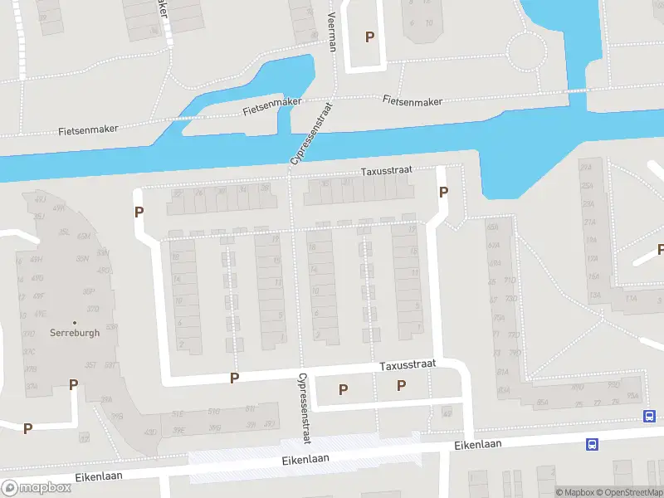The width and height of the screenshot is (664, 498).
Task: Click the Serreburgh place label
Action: [x=75, y=333]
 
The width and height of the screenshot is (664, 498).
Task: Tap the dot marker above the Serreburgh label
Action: [x=75, y=322]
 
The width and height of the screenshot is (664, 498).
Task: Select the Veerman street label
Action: [x=332, y=32]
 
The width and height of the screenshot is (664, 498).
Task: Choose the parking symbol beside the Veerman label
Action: [x=370, y=37]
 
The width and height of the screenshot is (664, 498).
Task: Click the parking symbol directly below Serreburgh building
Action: [x=74, y=384]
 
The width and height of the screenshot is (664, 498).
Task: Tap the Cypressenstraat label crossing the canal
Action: [x=310, y=133]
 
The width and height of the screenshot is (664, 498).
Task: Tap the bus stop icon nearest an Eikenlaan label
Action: [x=592, y=444]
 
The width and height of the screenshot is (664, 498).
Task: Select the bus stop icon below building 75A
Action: [x=648, y=416]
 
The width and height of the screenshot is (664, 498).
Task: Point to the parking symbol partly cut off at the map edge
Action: [x=661, y=249]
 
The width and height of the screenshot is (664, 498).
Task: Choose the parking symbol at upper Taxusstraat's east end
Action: [x=443, y=192]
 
